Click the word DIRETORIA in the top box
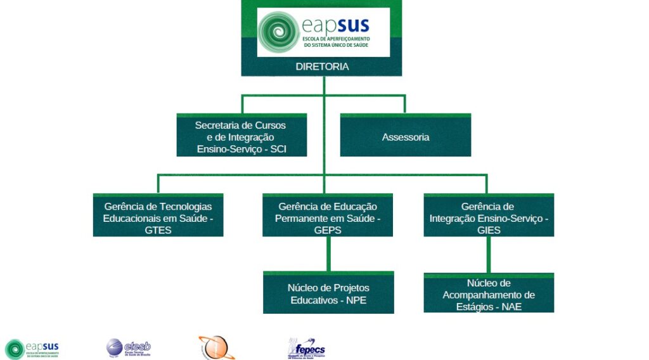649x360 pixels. [x=322, y=67]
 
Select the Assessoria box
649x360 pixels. [x=406, y=137]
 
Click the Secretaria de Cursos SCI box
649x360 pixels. [x=241, y=137]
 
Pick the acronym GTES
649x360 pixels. [x=158, y=230]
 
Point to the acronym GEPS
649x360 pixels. [x=328, y=230]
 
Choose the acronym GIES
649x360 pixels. [x=489, y=230]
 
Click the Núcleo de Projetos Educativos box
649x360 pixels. [x=328, y=293]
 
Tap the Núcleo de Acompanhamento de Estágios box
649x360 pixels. [x=489, y=295]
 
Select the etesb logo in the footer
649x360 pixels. [x=128, y=348]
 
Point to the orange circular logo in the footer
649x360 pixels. [x=216, y=348]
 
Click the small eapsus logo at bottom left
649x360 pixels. [x=32, y=349]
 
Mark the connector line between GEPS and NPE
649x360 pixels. [x=328, y=254]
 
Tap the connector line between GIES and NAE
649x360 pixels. [x=489, y=255]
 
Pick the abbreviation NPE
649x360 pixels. [x=356, y=300]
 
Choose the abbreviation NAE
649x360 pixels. [x=512, y=307]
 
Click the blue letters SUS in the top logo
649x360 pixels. [x=353, y=26]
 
